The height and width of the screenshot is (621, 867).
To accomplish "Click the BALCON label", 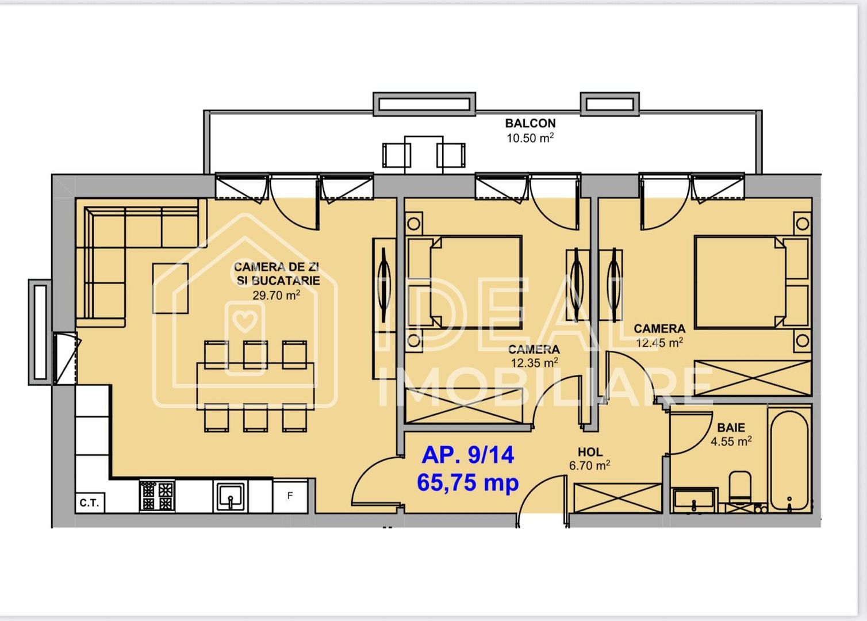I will (530, 123).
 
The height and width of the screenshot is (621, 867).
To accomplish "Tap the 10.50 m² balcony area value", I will (530, 138).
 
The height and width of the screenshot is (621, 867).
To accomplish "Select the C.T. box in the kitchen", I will (89, 503).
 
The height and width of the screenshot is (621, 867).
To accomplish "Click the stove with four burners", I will (157, 496).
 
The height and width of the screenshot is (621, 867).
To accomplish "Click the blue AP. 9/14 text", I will (467, 455).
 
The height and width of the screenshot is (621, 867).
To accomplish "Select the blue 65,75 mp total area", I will (467, 482).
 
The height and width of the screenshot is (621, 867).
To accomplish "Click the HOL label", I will (590, 452).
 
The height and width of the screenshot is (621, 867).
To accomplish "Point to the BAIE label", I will (731, 428).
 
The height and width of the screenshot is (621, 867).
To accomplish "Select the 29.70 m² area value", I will (276, 296).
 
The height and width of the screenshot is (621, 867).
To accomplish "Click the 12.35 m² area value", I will (534, 363).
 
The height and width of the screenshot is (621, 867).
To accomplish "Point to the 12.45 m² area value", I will (659, 343).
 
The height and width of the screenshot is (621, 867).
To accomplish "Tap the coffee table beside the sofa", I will (170, 288).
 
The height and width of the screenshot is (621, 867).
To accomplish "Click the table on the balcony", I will (423, 154).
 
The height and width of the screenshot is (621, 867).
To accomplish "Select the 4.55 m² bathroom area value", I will (731, 442).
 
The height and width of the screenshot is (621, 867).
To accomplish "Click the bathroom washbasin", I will (694, 500).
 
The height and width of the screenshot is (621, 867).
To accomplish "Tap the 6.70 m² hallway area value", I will (589, 465).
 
